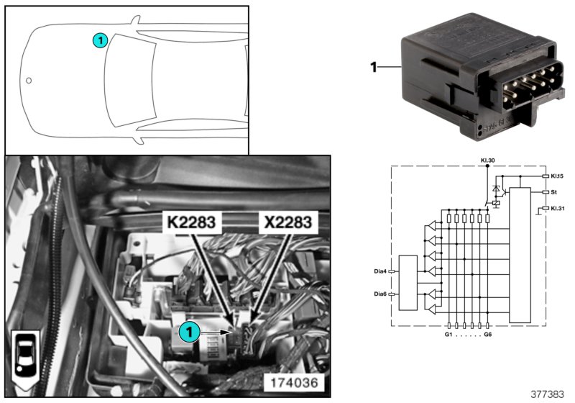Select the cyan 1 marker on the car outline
pyautogui.click(x=101, y=41)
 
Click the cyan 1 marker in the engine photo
pyautogui.click(x=188, y=332)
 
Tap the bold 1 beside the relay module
pyautogui.click(x=373, y=68)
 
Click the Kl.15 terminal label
pyautogui.click(x=557, y=176)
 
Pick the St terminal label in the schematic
pyautogui.click(x=553, y=192)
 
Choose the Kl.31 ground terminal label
pyautogui.click(x=557, y=208)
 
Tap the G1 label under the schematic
pyautogui.click(x=448, y=335)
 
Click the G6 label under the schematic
pyautogui.click(x=488, y=335)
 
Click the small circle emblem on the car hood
pyautogui.click(x=29, y=81)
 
